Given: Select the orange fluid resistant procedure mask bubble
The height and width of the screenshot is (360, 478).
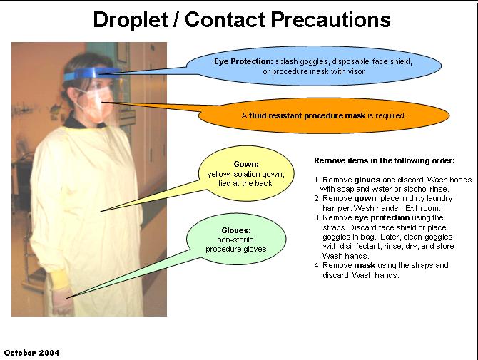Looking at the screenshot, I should click(324, 115).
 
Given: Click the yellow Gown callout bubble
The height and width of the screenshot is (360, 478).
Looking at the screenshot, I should click(245, 173).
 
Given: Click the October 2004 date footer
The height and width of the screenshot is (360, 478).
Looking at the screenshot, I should click(32, 352).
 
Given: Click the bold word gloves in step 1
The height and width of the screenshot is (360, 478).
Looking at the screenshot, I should click(367, 180).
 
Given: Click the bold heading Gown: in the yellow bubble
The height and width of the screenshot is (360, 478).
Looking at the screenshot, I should click(245, 164).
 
